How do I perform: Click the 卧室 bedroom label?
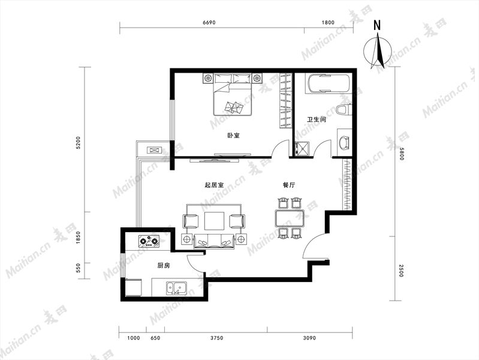pos(234,135)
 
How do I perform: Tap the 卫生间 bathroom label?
pos(317,119)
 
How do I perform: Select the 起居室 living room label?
pos(214,185)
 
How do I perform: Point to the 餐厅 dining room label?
pos(289,185)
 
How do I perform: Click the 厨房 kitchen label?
pos(164,266)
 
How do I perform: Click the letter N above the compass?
pos(378,25)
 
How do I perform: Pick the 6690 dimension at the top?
pos(209,22)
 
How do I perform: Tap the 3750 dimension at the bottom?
pos(216,338)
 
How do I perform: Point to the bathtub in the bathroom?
pos(327,83)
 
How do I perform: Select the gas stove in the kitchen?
pos(149,241)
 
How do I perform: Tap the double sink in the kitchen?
pos(177,289)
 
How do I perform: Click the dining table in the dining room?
pos(290,218)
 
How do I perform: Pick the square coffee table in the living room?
pos(215,221)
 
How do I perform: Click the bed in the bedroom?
pos(233,94)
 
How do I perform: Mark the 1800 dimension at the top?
pos(328,22)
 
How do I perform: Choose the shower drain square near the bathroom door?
pos(302,149)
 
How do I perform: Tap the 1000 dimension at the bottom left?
pos(134,338)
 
